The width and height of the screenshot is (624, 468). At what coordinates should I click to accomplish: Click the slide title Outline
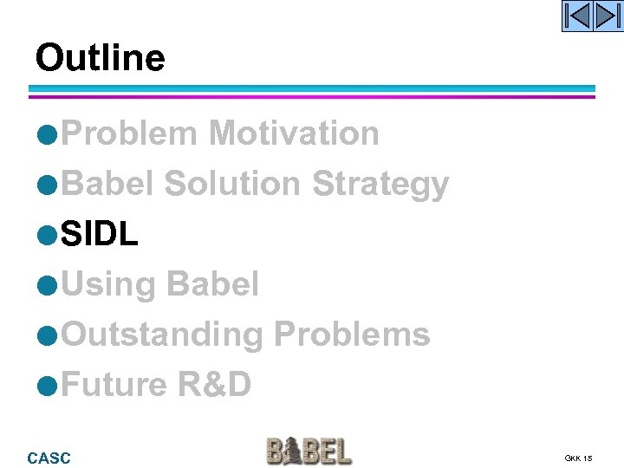click(100, 58)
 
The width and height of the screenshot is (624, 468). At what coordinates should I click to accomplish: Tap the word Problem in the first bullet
click(130, 133)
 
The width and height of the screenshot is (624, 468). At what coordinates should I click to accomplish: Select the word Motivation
click(294, 133)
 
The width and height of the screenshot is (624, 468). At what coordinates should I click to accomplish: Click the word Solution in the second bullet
click(232, 184)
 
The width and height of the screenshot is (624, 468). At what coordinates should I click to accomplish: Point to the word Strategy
click(380, 184)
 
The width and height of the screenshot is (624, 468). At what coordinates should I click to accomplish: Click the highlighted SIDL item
click(100, 234)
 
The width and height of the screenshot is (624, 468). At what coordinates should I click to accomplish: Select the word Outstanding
click(163, 335)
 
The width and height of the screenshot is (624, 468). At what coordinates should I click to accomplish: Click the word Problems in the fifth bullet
click(352, 335)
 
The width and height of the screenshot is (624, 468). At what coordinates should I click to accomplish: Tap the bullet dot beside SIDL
click(49, 236)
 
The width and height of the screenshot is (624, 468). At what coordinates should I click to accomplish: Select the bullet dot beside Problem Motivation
click(49, 135)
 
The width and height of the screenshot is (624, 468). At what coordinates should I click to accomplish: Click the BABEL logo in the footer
click(309, 452)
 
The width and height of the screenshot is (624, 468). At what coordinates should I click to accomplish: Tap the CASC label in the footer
click(49, 458)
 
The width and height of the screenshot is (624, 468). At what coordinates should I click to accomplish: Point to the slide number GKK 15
click(578, 458)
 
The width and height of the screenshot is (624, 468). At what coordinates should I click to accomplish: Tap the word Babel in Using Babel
click(211, 284)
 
